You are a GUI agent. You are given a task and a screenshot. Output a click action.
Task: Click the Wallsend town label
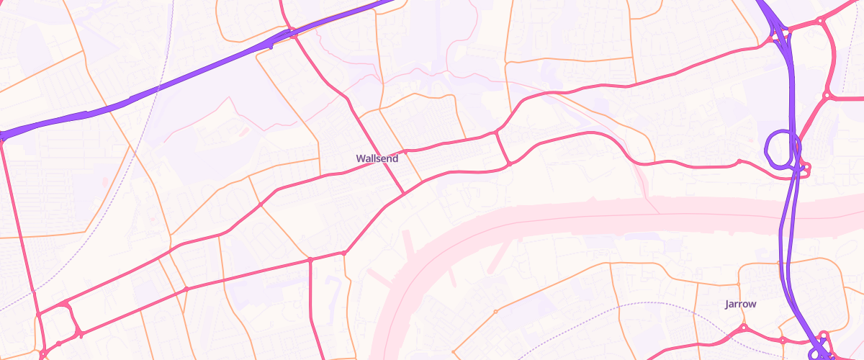[377, 158]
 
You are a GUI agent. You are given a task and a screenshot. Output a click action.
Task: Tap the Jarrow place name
[740, 304]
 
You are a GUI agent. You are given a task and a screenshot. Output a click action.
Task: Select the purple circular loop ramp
[778, 148]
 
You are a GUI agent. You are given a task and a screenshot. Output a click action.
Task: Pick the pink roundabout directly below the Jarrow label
[744, 328]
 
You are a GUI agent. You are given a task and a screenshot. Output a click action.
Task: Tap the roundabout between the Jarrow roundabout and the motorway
[783, 338]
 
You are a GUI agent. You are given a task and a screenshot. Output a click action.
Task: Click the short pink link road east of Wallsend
[503, 148]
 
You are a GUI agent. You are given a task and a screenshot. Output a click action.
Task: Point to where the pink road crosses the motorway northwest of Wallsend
[294, 34]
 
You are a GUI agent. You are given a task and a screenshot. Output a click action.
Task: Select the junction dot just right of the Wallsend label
[405, 152]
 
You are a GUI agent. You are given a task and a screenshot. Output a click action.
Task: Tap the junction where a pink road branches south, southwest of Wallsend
[310, 258]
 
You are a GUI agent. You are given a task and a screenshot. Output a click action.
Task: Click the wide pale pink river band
[576, 216]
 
